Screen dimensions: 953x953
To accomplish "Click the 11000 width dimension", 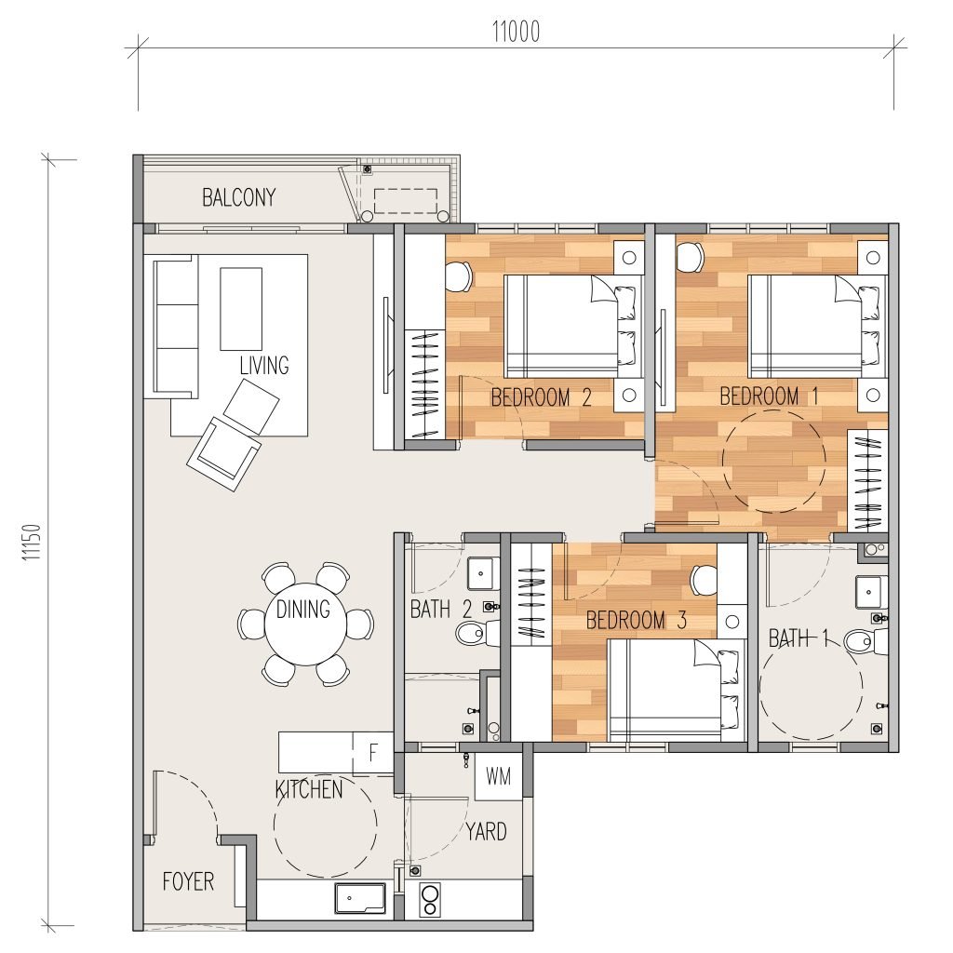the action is point(516,32).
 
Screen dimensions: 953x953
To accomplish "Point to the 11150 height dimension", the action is point(32,542).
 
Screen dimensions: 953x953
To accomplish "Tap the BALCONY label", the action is point(239,197).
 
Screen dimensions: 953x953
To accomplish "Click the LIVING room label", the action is point(264,365).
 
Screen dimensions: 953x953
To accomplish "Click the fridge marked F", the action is point(373,753).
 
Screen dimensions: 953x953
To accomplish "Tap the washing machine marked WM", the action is point(499,777).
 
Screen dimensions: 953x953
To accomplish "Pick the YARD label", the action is point(486,831).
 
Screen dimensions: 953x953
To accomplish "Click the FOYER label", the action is point(188,881).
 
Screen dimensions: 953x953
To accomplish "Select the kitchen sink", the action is point(360,898).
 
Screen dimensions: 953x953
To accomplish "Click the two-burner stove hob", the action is point(430,901).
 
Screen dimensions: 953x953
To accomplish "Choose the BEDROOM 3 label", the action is point(637,621).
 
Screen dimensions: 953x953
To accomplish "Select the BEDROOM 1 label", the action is point(769,396).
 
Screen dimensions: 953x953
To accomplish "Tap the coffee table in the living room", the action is point(241,309).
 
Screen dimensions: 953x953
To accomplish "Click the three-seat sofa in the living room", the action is point(176,327).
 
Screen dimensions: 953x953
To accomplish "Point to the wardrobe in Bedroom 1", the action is point(868,479).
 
